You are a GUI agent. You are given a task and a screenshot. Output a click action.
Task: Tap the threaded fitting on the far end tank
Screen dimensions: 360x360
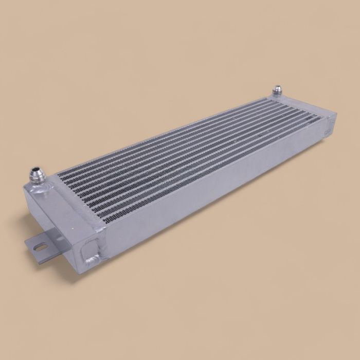(278, 91)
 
